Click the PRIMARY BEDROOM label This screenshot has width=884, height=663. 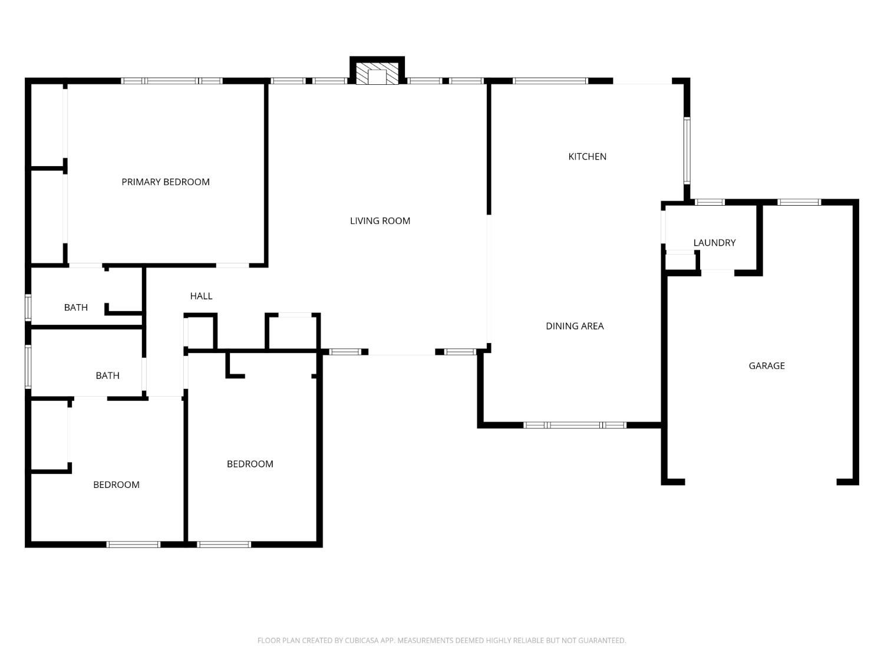(x=166, y=182)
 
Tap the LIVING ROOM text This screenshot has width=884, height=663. (x=380, y=221)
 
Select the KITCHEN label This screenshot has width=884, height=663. (x=587, y=157)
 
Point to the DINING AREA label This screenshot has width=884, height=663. (x=575, y=326)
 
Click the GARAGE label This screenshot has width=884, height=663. (x=766, y=366)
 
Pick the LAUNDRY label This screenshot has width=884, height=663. (x=714, y=243)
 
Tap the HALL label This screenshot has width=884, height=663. (x=201, y=296)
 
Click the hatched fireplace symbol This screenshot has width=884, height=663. (x=377, y=74)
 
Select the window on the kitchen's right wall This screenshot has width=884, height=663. (x=687, y=151)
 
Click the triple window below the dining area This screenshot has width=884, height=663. (x=575, y=425)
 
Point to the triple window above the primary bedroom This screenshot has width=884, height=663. (x=171, y=81)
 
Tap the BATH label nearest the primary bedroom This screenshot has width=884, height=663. (x=75, y=308)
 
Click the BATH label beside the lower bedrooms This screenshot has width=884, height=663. (x=107, y=375)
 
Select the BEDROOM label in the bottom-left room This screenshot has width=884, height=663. (x=116, y=484)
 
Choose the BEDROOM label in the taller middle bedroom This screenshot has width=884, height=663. (x=250, y=464)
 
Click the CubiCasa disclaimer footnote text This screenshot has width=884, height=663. (x=442, y=641)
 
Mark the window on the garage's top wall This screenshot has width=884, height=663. (x=799, y=202)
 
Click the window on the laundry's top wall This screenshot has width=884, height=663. (x=710, y=202)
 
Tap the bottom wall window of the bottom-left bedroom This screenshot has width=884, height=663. (x=133, y=545)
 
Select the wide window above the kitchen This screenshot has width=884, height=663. (x=550, y=81)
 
